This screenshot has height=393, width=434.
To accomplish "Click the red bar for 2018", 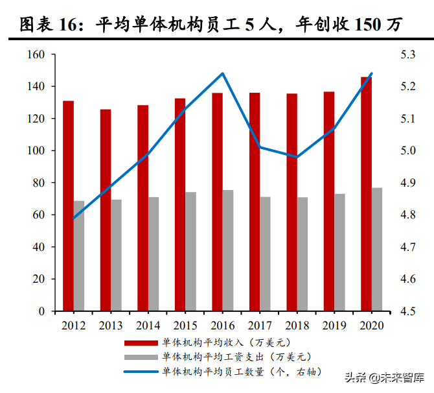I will (291, 202).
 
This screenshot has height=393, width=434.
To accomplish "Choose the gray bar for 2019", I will (339, 252).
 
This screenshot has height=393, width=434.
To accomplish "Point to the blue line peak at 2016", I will (222, 73).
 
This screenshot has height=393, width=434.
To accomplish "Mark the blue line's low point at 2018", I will (297, 157).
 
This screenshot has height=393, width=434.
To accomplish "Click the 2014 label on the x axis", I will (148, 325).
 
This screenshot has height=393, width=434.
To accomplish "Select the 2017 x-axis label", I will (259, 325).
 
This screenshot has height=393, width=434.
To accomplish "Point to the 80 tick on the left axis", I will (38, 183).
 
